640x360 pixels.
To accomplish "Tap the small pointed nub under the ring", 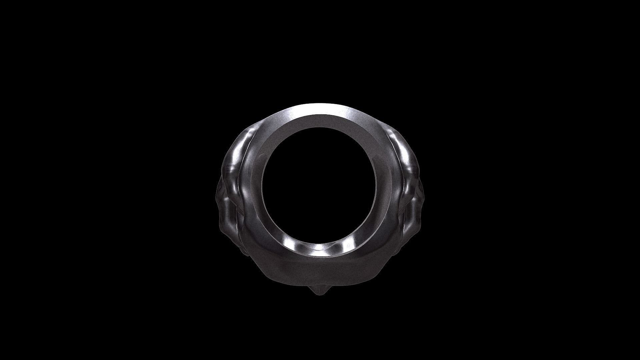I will pyautogui.click(x=319, y=291).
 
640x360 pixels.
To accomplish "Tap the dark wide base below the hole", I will pyautogui.click(x=319, y=272).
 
